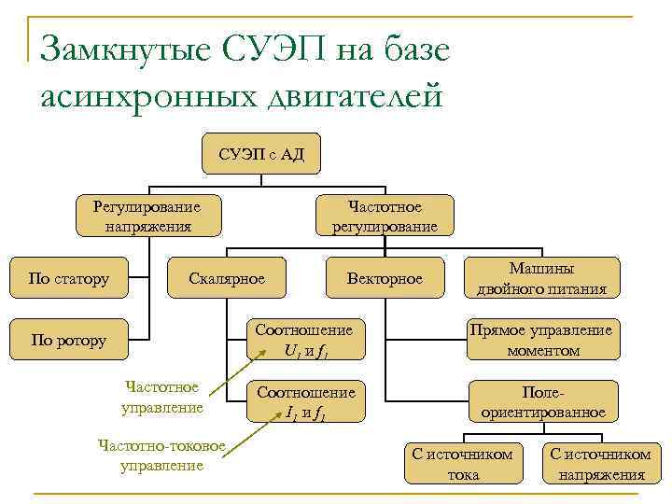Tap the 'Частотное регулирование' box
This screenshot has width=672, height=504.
coord(385,215)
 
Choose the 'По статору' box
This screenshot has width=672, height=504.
coord(69,278)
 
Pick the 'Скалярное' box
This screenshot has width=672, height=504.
coord(227,278)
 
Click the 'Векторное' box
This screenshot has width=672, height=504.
coord(385,278)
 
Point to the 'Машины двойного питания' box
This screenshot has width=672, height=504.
coord(541,278)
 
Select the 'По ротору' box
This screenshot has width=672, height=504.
coord(69,341)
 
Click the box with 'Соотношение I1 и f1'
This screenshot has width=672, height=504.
coord(306,402)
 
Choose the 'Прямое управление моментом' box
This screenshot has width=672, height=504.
coord(541,341)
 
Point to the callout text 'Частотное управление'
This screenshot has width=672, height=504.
coord(161,397)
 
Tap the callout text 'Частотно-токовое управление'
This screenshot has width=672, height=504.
coord(161,455)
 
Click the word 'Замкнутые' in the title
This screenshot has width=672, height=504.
coord(125,49)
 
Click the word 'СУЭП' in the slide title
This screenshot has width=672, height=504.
coord(271,49)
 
